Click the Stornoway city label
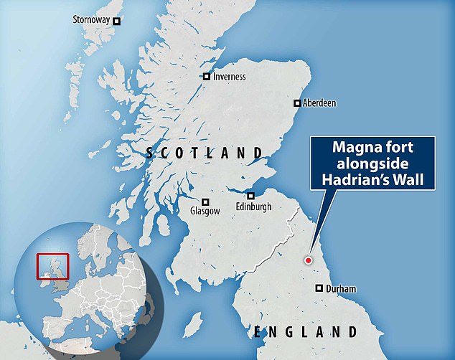point(91,20)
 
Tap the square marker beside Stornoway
point(117,21)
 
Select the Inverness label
point(230,77)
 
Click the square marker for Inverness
point(207,77)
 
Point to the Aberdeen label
point(319,103)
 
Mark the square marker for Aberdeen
point(296,103)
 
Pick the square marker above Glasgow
point(205,202)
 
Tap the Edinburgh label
point(252,207)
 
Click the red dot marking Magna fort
point(309,261)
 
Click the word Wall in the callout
point(416,179)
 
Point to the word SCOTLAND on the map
point(204,153)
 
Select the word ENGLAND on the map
point(305,331)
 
